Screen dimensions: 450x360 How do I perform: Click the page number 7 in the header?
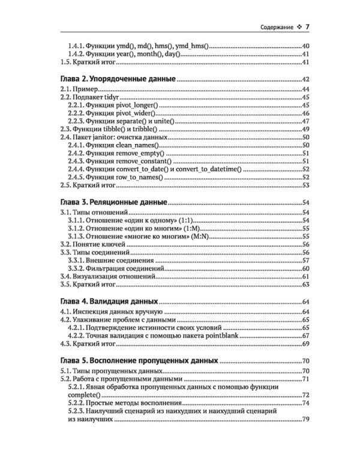[x=307, y=26]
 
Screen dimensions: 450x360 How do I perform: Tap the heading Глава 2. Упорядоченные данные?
[x=119, y=79]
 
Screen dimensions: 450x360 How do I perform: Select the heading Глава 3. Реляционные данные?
[x=115, y=203]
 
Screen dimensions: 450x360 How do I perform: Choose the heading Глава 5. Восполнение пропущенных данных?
[x=140, y=361]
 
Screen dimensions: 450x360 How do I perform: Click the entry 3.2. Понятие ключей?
[x=93, y=244]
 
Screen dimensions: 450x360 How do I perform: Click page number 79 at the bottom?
[x=304, y=419]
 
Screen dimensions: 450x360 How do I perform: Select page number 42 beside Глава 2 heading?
[x=304, y=80]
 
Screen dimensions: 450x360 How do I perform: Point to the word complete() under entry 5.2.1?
[x=84, y=395]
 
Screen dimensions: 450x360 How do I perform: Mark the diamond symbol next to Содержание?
[x=298, y=27]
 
